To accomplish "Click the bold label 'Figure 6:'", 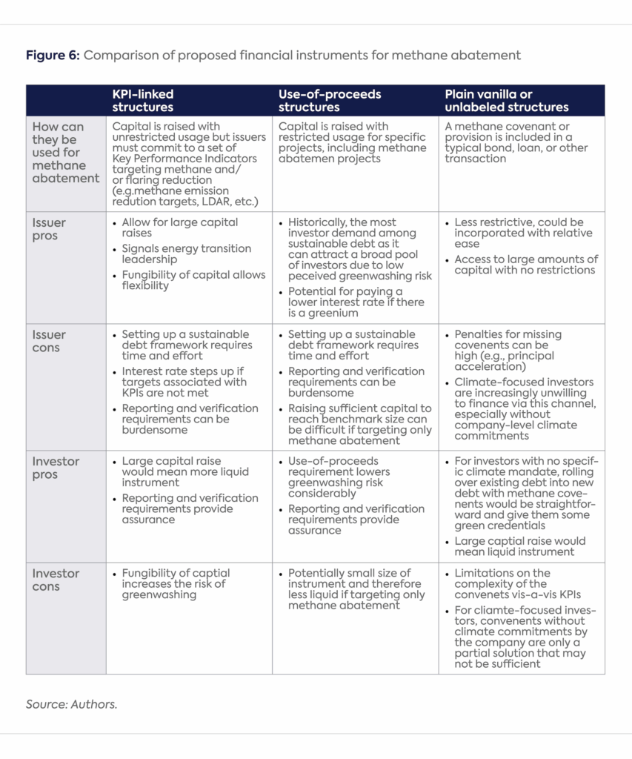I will [53, 56].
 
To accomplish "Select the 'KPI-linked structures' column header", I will [143, 101].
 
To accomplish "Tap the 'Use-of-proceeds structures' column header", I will [330, 101].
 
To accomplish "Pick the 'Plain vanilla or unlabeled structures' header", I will [506, 101].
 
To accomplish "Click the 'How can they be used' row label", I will [65, 153].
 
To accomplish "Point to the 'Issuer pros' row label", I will [49, 229].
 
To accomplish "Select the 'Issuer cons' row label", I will [49, 341].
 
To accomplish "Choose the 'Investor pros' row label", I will [56, 468].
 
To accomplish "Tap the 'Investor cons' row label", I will [56, 580].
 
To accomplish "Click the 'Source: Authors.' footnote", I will [71, 704].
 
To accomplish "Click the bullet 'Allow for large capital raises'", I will [179, 228].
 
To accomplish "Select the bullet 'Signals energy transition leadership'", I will [186, 254].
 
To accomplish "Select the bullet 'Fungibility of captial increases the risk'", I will [176, 583].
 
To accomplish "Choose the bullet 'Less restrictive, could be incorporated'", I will [519, 233].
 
